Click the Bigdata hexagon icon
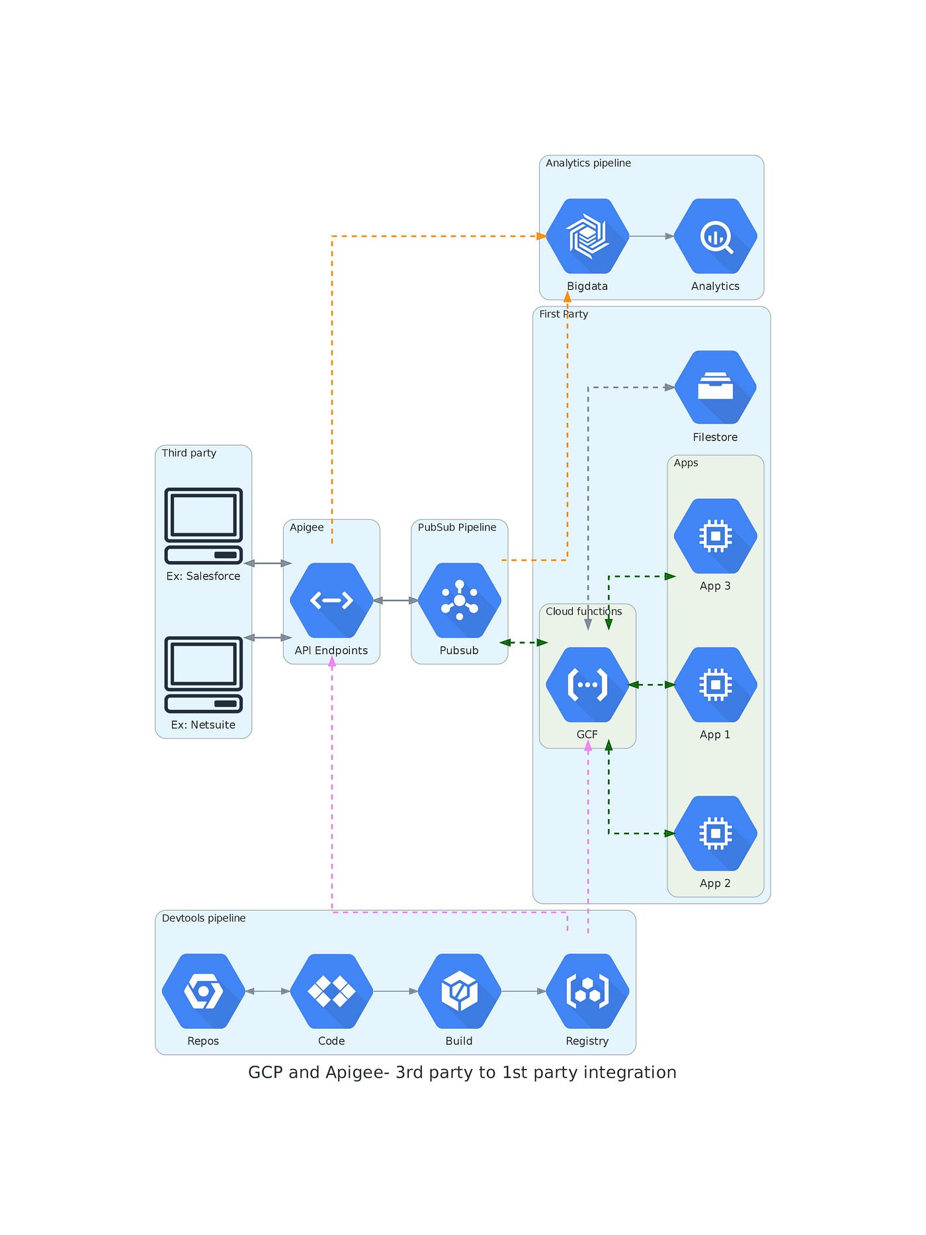pyautogui.click(x=587, y=236)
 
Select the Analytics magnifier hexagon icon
pyautogui.click(x=715, y=236)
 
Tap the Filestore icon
pyautogui.click(x=715, y=387)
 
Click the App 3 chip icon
pyautogui.click(x=715, y=536)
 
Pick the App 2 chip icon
pyautogui.click(x=715, y=833)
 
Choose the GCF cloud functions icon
pyautogui.click(x=587, y=685)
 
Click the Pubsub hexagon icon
pyautogui.click(x=459, y=601)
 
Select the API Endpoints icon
pyautogui.click(x=331, y=601)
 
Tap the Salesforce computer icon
pyautogui.click(x=203, y=526)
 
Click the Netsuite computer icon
pyautogui.click(x=203, y=675)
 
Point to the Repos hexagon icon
pyautogui.click(x=203, y=991)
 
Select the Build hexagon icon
pyautogui.click(x=459, y=991)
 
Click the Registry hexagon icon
pyautogui.click(x=587, y=991)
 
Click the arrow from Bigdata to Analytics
pyautogui.click(x=652, y=236)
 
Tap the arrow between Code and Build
pyautogui.click(x=396, y=991)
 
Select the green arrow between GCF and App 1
pyautogui.click(x=652, y=685)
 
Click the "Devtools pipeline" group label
pyautogui.click(x=204, y=918)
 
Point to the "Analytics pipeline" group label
pyautogui.click(x=588, y=163)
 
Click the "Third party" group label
pyautogui.click(x=189, y=453)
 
